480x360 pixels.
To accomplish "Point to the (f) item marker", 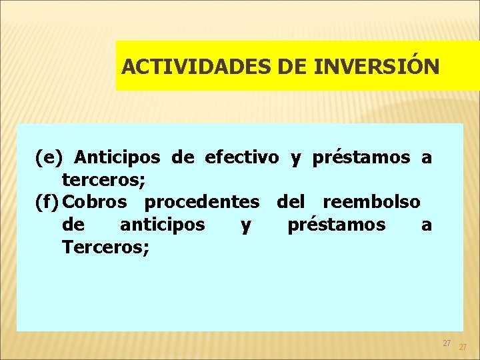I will (49, 201).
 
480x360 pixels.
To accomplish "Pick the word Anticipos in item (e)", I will (118, 158).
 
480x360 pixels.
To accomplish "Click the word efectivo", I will (242, 158).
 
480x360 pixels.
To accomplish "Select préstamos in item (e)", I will (361, 158).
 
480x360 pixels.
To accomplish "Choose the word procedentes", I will (202, 201).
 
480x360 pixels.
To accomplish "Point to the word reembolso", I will (371, 201).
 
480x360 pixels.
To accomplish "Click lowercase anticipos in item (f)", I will (162, 225).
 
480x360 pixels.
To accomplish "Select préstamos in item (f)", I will (336, 225).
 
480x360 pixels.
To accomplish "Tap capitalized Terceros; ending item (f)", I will (105, 247).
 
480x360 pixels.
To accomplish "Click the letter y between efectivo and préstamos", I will (295, 159).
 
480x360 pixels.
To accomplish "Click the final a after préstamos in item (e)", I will (427, 159).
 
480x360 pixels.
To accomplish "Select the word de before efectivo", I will (182, 158).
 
